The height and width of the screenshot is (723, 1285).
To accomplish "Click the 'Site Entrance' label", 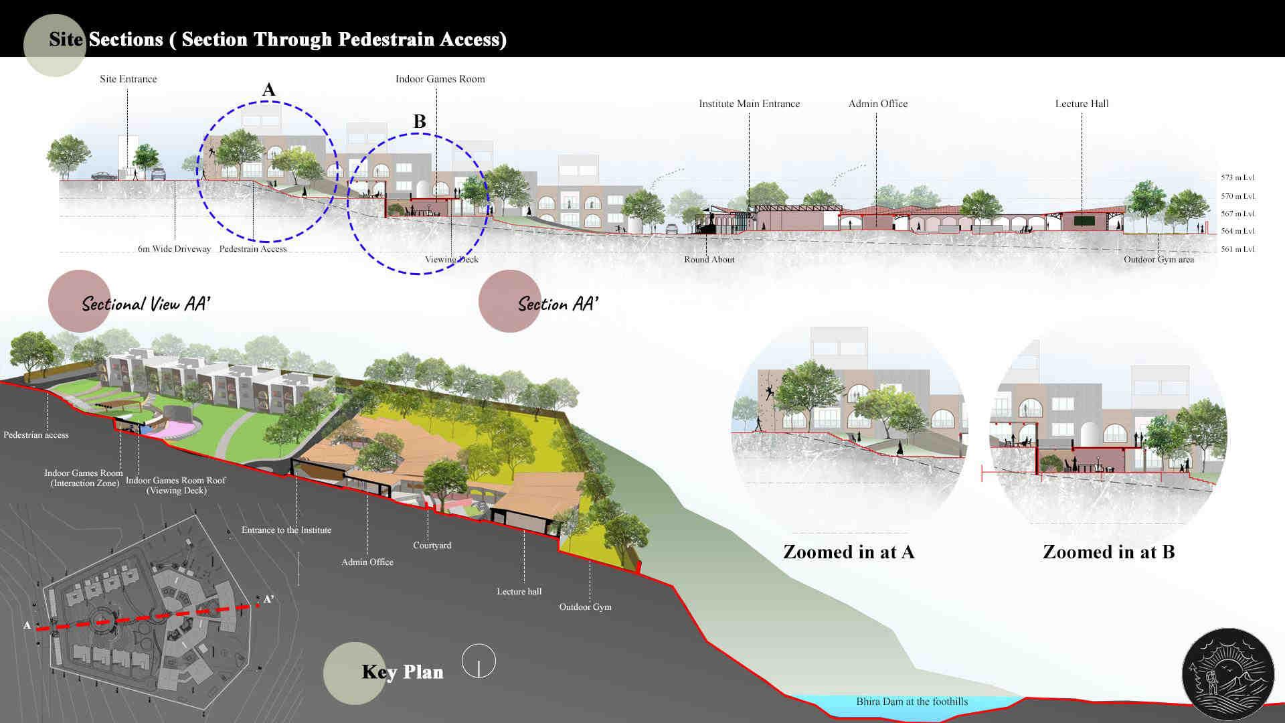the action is pos(128,79).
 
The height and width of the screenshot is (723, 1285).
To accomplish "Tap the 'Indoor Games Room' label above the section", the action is pos(440,79).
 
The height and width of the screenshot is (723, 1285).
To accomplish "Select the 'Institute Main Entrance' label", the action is pos(749,104).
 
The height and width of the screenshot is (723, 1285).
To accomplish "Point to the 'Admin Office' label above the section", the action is pos(877,104).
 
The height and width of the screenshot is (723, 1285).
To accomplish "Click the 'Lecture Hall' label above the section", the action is pos(1082,104).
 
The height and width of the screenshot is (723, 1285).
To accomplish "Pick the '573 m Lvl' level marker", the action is pos(1237,178).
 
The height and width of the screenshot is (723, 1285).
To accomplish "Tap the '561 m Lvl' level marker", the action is pos(1237,249).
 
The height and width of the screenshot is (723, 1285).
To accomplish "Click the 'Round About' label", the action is pos(709,260).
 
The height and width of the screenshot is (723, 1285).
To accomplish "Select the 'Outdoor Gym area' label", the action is pos(1159,260).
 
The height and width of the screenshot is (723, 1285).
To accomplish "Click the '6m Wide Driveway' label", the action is pos(174,249).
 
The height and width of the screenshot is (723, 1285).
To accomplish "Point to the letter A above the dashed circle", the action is pos(268,90).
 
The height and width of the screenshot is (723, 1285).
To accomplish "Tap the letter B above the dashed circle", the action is pos(420,121).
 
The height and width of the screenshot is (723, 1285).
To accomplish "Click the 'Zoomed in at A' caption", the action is pos(848,552).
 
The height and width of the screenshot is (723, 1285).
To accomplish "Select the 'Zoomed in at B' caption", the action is pos(1108,552).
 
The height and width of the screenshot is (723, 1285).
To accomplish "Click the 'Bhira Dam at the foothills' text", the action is pos(912,702).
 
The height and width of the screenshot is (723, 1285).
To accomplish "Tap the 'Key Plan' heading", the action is pos(402,672).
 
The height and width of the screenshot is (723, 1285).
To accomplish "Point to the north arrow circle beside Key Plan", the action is pos(479,661).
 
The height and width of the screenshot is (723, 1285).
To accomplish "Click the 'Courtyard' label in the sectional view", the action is pos(432,546).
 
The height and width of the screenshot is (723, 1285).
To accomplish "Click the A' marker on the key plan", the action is pos(268,599).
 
